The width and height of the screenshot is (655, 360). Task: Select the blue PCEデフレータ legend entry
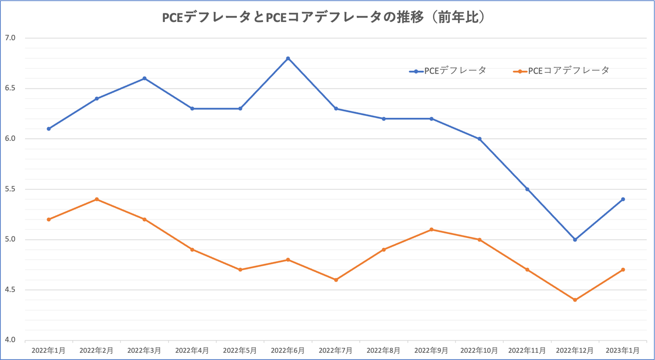448,71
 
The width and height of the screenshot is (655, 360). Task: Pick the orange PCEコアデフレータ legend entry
561,71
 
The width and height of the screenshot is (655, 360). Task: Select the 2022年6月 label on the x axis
288,351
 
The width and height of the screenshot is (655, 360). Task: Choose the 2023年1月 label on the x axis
622,351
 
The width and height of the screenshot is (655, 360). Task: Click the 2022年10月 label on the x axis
479,351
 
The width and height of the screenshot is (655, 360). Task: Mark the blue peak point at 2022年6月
288,58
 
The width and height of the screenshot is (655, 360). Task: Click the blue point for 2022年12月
575,240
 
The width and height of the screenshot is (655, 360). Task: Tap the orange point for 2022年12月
575,300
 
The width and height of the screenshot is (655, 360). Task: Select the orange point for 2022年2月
97,199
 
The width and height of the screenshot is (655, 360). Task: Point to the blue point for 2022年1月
49,129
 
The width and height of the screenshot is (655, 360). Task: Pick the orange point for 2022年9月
431,229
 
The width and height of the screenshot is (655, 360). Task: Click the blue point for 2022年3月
144,78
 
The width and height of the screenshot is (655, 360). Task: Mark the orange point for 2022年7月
336,280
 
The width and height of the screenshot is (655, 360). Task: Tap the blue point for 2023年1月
623,199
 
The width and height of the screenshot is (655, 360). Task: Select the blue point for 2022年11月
527,189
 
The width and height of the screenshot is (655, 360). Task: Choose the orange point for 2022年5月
240,269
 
